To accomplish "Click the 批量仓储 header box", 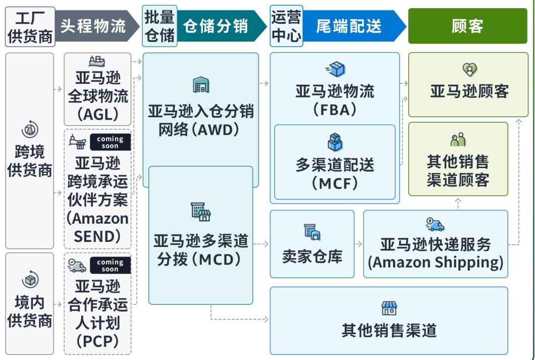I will click(x=159, y=26).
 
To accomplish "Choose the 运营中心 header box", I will click(x=286, y=26).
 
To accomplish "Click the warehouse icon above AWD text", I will click(x=201, y=85).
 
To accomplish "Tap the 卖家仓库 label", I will click(x=312, y=256).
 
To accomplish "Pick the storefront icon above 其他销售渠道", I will click(x=389, y=308).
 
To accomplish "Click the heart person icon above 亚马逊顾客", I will click(x=469, y=70).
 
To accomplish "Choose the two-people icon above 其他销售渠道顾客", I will click(x=458, y=140).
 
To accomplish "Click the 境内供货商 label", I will click(x=30, y=312).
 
